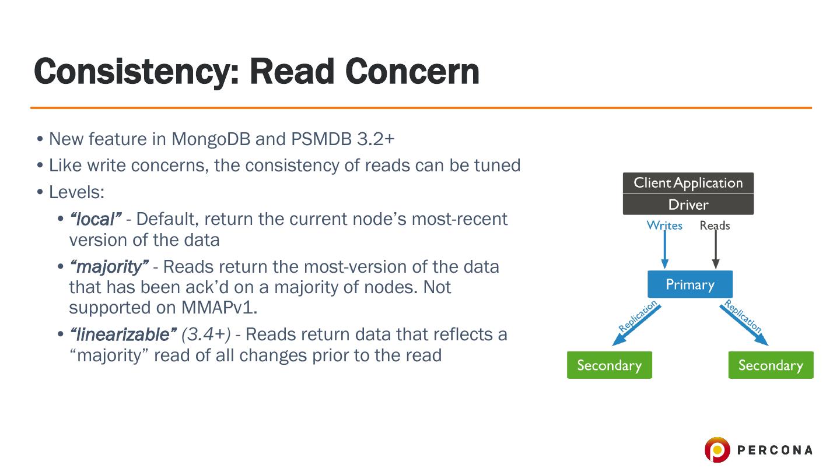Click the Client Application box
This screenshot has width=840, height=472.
point(688,183)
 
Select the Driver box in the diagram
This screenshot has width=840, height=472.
point(688,205)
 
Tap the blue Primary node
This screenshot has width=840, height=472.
point(689,284)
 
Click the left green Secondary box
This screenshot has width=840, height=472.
point(609,365)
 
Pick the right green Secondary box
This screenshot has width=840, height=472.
point(771,365)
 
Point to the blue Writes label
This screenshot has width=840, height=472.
point(664,226)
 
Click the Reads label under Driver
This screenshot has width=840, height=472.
point(715,226)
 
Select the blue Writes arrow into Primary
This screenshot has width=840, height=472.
point(664,251)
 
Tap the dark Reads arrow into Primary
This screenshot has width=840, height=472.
point(716,251)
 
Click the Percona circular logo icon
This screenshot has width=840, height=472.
point(716,450)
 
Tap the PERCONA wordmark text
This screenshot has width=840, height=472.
point(775,450)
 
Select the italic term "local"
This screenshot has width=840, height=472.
point(95,219)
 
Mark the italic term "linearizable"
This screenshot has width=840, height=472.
point(123,334)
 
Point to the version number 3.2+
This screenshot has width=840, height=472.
point(375,139)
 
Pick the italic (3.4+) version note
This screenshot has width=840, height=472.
point(206,334)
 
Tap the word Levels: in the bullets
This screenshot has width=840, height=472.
point(76,192)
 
